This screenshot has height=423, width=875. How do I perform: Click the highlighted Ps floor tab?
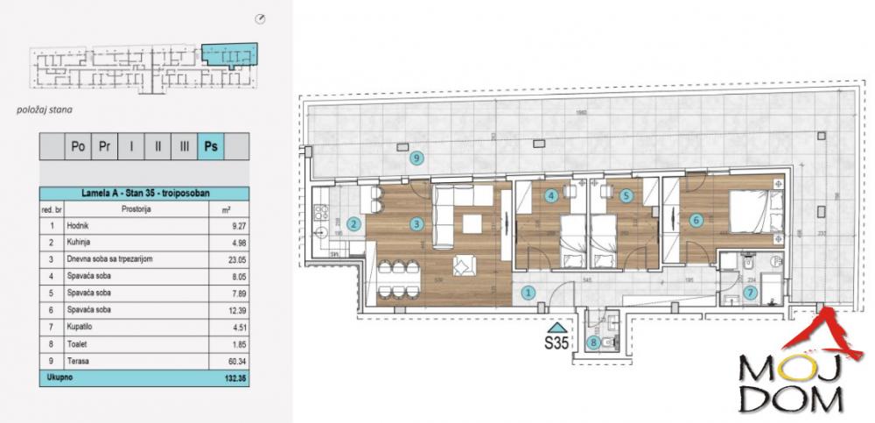pyautogui.click(x=210, y=146)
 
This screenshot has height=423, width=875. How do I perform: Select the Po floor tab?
pyautogui.click(x=78, y=146)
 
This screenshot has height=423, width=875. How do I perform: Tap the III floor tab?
pyautogui.click(x=183, y=146)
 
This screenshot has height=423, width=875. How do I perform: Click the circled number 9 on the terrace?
pyautogui.click(x=416, y=159)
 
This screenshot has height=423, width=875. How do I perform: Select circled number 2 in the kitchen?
pyautogui.click(x=353, y=224)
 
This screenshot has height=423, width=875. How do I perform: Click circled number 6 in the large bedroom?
pyautogui.click(x=696, y=221)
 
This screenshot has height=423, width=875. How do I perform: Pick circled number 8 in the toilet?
pyautogui.click(x=595, y=342)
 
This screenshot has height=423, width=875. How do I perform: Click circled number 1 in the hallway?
pyautogui.click(x=528, y=294)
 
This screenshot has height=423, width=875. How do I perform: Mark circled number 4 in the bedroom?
pyautogui.click(x=551, y=196)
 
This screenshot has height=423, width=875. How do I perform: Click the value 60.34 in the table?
pyautogui.click(x=226, y=361)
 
